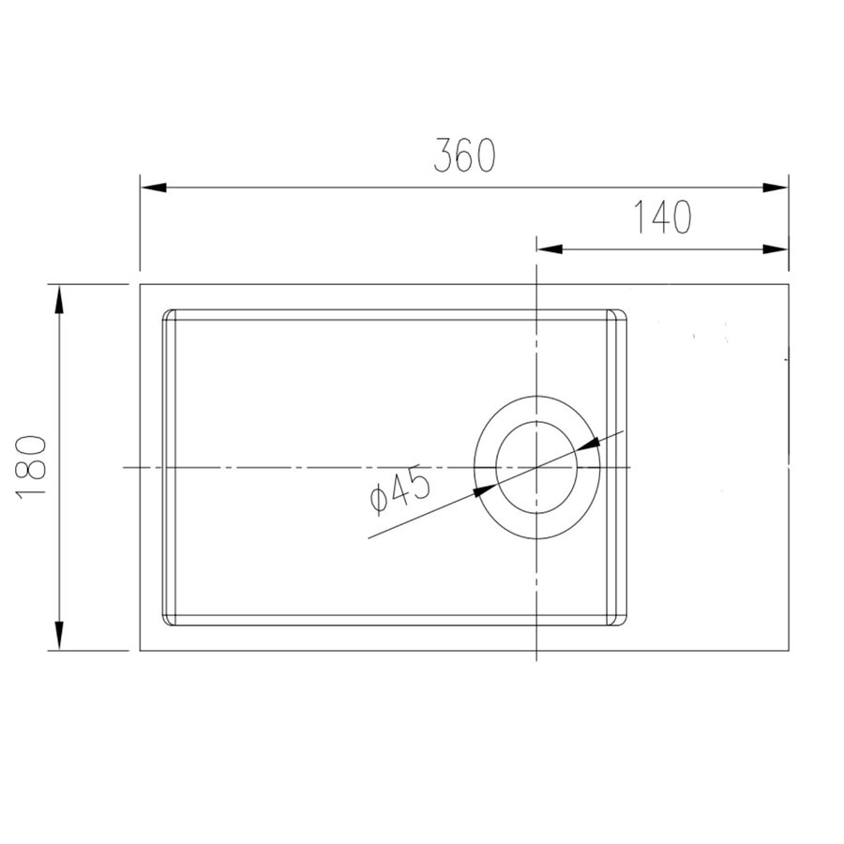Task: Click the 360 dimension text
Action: (464, 156)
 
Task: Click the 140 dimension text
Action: (661, 218)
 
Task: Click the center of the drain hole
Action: (535, 467)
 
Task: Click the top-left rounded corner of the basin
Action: (168, 314)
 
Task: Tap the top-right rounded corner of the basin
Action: (621, 314)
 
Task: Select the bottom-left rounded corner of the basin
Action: (168, 621)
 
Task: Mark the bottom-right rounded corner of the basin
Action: (621, 621)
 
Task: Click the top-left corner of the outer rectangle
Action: (141, 284)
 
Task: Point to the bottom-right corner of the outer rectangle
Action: (788, 650)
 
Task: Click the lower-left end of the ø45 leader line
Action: (369, 538)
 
